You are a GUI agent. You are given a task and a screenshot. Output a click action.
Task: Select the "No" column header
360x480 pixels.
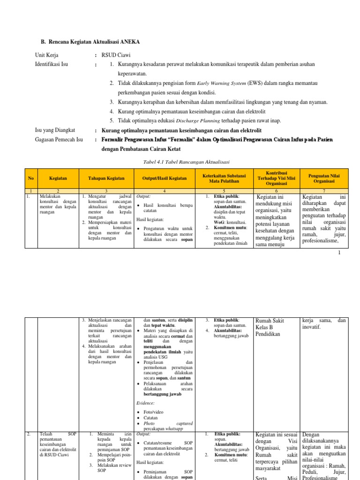pyautogui.click(x=31, y=178)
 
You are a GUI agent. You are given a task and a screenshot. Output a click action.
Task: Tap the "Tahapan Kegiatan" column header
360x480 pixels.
pyautogui.click(x=106, y=178)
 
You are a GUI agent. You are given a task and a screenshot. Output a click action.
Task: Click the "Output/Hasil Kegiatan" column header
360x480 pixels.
pyautogui.click(x=167, y=178)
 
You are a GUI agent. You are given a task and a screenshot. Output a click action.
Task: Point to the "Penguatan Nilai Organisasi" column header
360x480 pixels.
pyautogui.click(x=323, y=178)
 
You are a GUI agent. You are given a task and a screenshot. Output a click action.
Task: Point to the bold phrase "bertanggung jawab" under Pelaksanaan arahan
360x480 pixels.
pyautogui.click(x=162, y=394)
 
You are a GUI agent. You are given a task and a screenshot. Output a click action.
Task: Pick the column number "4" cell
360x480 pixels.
pyautogui.click(x=167, y=191)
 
